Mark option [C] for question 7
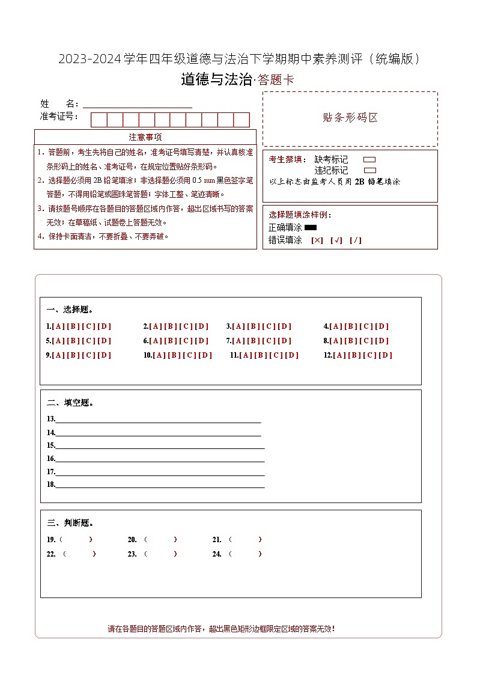click(x=269, y=341)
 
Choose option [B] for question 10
click(x=175, y=355)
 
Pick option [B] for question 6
click(x=171, y=341)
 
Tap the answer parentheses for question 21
click(x=245, y=539)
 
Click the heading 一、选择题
click(x=70, y=310)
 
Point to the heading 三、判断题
click(x=70, y=523)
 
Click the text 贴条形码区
click(x=350, y=118)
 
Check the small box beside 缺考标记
click(x=370, y=160)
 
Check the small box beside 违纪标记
click(x=370, y=170)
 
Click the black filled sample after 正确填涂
click(x=311, y=228)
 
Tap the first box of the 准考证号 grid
click(x=99, y=120)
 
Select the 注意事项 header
click(x=145, y=137)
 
